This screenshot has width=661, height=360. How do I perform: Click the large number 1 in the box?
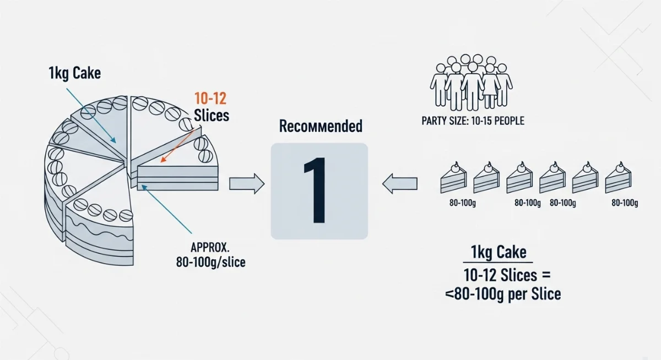(x=316, y=190)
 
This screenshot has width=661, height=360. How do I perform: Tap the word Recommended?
(x=321, y=126)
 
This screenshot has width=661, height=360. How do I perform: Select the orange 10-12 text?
(x=210, y=99)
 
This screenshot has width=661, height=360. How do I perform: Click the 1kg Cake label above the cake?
(x=75, y=73)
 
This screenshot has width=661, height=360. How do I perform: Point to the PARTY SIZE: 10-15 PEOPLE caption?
(x=473, y=121)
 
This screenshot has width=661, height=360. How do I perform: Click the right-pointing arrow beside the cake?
(x=247, y=184)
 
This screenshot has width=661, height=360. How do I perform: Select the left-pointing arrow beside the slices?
(x=400, y=184)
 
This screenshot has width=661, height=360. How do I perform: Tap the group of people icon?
(x=472, y=82)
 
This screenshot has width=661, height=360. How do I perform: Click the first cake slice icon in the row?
(x=453, y=177)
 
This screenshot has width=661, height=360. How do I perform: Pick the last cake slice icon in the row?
(x=618, y=177)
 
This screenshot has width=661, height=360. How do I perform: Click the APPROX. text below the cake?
(x=210, y=247)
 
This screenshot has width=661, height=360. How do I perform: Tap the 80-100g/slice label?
(x=210, y=262)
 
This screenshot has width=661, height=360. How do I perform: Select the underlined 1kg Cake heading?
(x=499, y=252)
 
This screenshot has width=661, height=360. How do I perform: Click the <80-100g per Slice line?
(x=503, y=294)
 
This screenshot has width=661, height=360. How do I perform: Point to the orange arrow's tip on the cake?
(x=161, y=162)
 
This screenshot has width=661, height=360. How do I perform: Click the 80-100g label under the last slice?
(x=625, y=203)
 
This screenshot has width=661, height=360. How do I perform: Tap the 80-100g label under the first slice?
(x=462, y=203)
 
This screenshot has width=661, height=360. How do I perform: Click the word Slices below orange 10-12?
(x=212, y=115)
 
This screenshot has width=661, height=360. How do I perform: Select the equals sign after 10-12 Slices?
(x=546, y=275)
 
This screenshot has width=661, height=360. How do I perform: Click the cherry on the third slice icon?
(x=522, y=164)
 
